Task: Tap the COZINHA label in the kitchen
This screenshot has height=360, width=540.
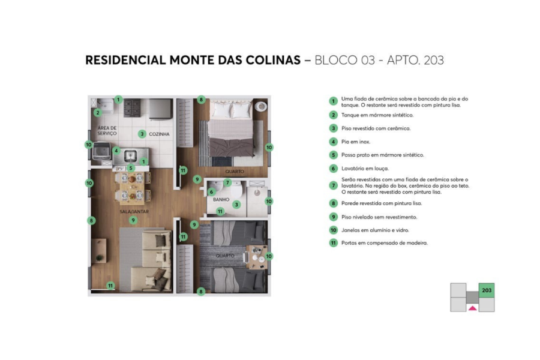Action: pos(159,134)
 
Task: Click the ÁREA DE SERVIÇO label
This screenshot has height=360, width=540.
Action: pos(107,131)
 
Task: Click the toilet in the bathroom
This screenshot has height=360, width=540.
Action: pos(260,106)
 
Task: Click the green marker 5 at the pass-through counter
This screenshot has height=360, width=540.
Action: pos(130,169)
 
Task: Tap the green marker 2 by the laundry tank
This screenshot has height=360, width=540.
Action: pos(97,112)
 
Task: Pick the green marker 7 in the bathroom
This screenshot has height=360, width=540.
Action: pos(227,182)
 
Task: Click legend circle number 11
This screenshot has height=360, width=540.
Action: pos(333,243)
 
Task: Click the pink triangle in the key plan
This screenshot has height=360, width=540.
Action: pos(472,308)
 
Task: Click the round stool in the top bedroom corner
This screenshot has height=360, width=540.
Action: pos(260,106)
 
